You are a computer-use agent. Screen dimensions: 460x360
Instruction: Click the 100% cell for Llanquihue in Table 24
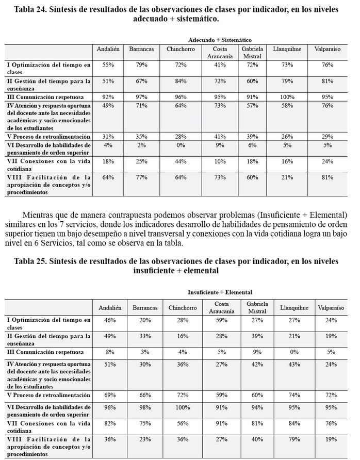click(x=288, y=96)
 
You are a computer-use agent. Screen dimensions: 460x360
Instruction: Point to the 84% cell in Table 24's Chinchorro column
click(x=180, y=81)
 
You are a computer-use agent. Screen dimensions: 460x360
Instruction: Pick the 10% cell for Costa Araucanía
click(x=219, y=162)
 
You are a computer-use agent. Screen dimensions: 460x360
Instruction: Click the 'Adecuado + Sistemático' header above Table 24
click(x=220, y=39)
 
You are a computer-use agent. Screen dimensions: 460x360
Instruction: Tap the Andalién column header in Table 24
click(x=108, y=49)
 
